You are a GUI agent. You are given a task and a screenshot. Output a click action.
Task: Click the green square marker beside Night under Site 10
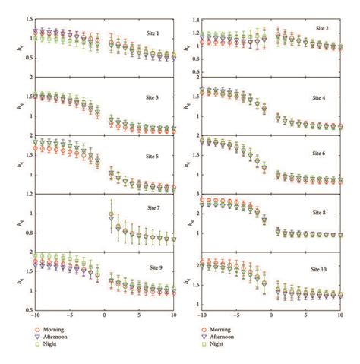click(203, 344)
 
